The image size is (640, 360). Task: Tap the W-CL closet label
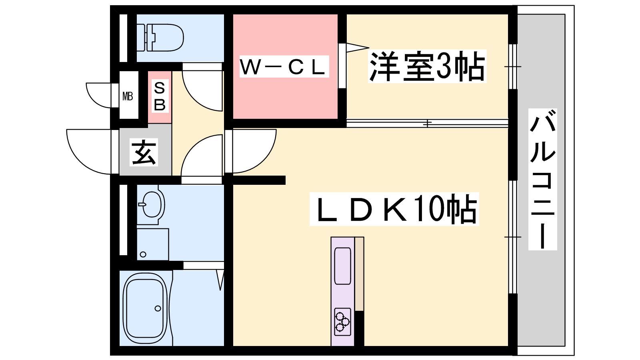tap(284, 67)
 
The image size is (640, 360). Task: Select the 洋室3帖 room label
tap(427, 66)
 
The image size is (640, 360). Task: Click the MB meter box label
tap(128, 96)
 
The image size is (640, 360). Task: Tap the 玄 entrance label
tap(144, 152)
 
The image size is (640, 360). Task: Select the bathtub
tap(145, 308)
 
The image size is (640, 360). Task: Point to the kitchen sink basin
tap(342, 266)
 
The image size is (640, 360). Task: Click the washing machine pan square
tap(152, 244)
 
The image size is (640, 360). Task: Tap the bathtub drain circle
tap(158, 308)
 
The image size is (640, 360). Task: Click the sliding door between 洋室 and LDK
tap(427, 123)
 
